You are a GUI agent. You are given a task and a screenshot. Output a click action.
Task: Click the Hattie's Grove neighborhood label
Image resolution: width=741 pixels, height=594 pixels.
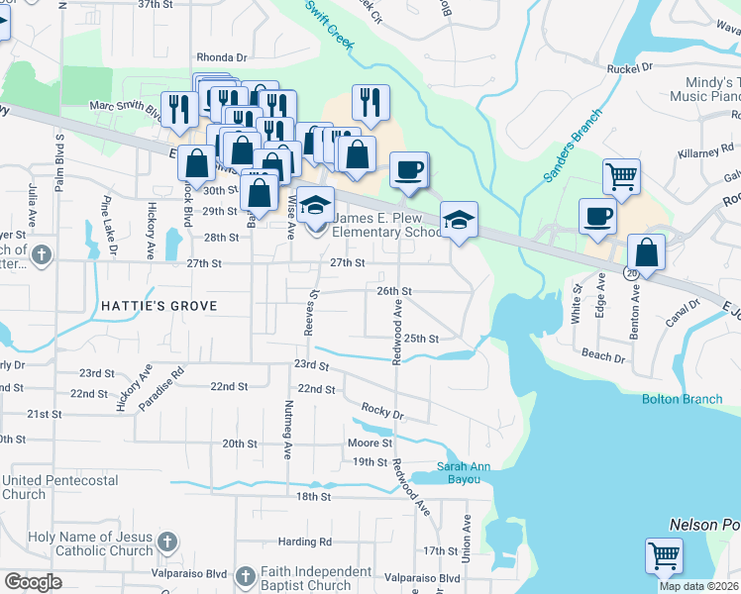click(x=159, y=306)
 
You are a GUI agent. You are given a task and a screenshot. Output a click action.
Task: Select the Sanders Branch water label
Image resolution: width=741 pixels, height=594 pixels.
click(x=573, y=146)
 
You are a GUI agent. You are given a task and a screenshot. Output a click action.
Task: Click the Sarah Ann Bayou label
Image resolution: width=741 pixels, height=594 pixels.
click(x=459, y=473)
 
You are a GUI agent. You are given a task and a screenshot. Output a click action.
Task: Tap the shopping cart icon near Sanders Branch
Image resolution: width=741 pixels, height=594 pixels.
click(x=621, y=177)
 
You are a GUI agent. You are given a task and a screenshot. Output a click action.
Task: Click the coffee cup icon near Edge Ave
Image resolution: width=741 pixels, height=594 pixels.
click(x=597, y=216)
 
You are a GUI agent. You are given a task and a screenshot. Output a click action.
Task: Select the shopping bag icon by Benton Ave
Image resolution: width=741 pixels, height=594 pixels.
click(x=646, y=252)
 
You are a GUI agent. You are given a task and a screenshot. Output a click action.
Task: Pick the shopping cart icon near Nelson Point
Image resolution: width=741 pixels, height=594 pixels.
click(x=663, y=555)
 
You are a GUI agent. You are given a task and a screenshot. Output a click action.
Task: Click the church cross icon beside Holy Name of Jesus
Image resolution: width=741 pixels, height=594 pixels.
click(x=167, y=543)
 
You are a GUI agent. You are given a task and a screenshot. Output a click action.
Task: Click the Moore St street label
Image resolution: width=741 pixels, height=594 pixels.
click(x=370, y=443)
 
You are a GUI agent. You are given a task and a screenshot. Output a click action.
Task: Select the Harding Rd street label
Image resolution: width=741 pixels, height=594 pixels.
click(x=297, y=542)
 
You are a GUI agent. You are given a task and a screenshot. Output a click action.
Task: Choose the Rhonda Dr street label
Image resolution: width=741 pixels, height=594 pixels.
click(x=221, y=57)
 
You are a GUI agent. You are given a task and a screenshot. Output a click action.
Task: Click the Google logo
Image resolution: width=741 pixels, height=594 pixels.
click(x=33, y=582)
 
